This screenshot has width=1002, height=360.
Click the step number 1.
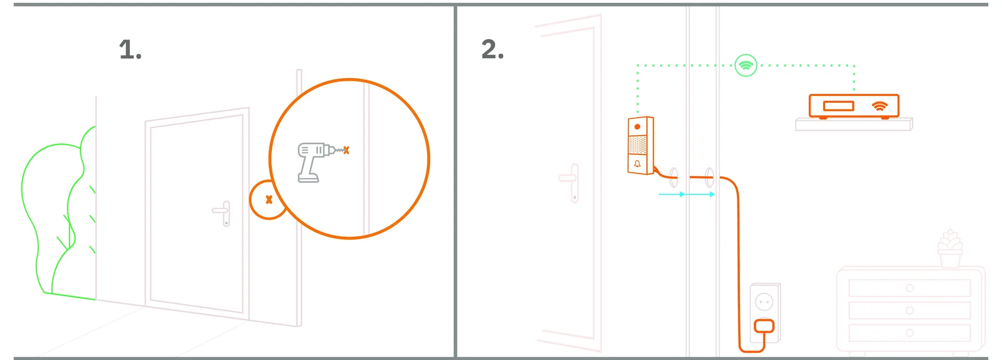130,50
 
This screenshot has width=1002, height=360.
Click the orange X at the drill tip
346,150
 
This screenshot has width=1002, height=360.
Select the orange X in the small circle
269,199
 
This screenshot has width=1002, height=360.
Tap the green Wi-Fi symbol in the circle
746,66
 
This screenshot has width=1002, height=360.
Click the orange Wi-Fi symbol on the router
879,106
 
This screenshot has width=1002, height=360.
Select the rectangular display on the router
838,106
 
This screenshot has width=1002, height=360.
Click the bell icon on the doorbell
637,164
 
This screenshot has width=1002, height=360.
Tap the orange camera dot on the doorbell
637,127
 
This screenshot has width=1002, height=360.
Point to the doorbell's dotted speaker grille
637,145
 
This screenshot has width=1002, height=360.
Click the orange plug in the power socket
764,327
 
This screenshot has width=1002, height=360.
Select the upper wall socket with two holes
764,302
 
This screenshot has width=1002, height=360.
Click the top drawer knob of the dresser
910,288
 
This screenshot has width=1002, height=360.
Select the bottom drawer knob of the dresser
910,333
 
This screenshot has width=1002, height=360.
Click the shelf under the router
854,124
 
